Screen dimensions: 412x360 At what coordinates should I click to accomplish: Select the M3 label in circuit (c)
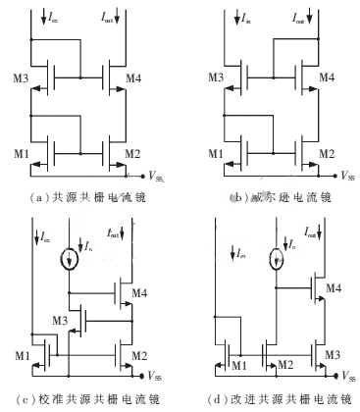[61, 320]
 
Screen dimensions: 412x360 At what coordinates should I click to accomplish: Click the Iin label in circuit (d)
[235, 254]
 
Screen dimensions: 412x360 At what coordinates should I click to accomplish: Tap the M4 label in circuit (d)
[333, 287]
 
